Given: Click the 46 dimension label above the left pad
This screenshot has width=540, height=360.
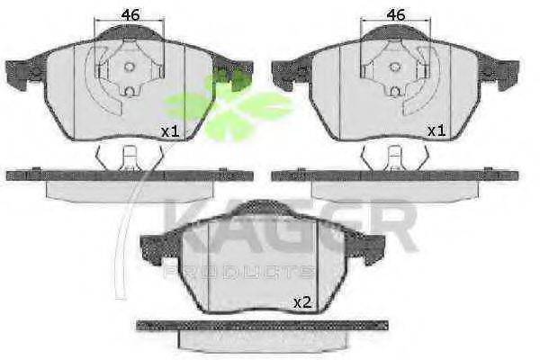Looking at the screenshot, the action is click(x=131, y=15).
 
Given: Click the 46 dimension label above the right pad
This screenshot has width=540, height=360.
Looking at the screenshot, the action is click(x=396, y=15).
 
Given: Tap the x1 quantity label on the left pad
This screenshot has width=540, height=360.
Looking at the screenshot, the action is click(x=170, y=131).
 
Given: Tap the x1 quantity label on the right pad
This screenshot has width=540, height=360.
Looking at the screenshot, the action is click(x=436, y=130).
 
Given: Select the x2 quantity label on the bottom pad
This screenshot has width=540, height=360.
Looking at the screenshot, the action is click(x=302, y=302).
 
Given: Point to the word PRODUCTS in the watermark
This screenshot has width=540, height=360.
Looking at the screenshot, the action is click(x=239, y=272).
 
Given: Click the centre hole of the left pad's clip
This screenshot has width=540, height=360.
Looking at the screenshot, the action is click(x=129, y=67).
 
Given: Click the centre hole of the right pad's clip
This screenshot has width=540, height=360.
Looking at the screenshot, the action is click(x=395, y=67).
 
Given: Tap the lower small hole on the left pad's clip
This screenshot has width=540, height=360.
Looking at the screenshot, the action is click(x=130, y=91).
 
